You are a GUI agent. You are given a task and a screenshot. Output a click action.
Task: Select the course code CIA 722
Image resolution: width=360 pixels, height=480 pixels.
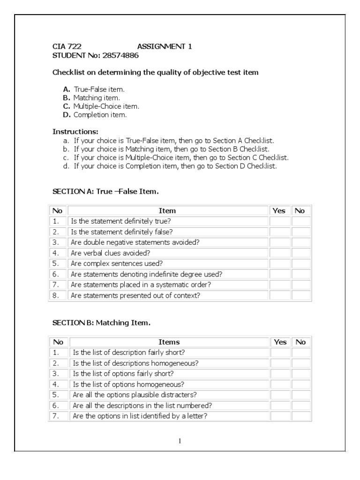tap(63, 46)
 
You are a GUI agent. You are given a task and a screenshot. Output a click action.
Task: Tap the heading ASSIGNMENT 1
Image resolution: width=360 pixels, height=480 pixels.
tap(164, 46)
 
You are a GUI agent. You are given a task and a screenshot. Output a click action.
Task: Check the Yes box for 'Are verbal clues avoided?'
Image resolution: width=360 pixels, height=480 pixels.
tap(280, 253)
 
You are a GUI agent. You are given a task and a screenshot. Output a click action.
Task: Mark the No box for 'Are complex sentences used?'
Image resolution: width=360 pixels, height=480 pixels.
tap(301, 263)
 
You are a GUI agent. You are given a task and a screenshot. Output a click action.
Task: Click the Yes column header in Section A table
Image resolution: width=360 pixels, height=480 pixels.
tap(279, 211)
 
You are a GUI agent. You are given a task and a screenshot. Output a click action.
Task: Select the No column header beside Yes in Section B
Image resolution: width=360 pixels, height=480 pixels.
tap(301, 342)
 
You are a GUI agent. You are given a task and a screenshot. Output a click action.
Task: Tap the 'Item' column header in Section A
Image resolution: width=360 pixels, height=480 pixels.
tap(167, 211)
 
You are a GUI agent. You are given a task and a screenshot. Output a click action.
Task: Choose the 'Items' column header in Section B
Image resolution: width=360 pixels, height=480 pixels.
tap(169, 342)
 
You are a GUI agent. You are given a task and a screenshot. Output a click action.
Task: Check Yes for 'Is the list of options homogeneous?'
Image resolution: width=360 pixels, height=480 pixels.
tap(280, 384)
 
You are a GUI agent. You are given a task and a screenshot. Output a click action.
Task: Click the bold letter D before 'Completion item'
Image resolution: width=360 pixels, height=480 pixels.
tap(67, 114)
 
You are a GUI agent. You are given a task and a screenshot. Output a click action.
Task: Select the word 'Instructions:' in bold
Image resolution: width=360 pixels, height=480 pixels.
tap(75, 132)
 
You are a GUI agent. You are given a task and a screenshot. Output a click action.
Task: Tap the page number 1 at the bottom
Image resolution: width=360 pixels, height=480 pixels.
tap(180, 441)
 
